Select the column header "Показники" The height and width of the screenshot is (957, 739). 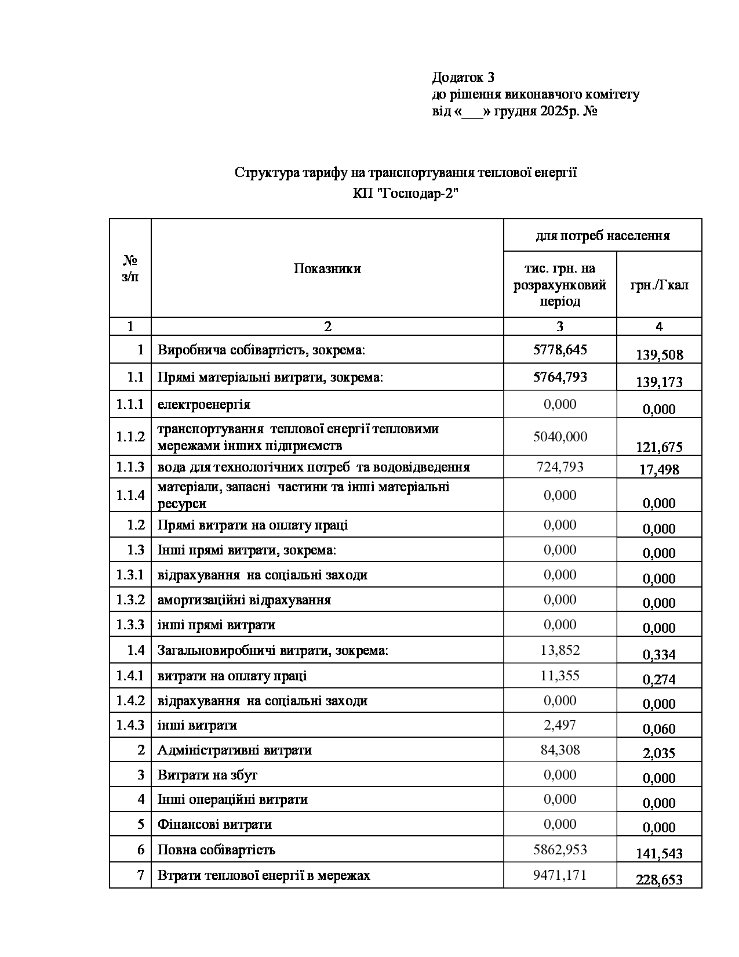coord(327,269)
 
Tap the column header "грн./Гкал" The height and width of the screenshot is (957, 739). coord(659,285)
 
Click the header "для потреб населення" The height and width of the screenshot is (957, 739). coord(602,235)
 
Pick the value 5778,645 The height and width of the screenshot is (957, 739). coord(560,349)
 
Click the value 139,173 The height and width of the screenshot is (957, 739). coord(659,382)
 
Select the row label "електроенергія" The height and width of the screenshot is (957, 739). coord(204,404)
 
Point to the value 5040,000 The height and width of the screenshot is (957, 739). coord(560,437)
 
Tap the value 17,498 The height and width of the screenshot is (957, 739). coord(659,470)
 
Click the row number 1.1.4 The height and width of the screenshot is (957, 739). coord(130,495)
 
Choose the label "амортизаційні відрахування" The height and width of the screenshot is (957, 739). coord(244,600)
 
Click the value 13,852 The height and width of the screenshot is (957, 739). coord(560,650)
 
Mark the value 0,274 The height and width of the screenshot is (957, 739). coord(659,679)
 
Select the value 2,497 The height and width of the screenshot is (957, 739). coord(560,725)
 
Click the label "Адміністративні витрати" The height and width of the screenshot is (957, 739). coord(234,750)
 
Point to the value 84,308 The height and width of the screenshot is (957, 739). coord(560,750)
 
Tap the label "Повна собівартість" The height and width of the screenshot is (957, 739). coord(216,850)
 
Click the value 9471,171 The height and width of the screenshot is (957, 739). coord(560,875)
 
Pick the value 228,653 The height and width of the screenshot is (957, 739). coord(659,880)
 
